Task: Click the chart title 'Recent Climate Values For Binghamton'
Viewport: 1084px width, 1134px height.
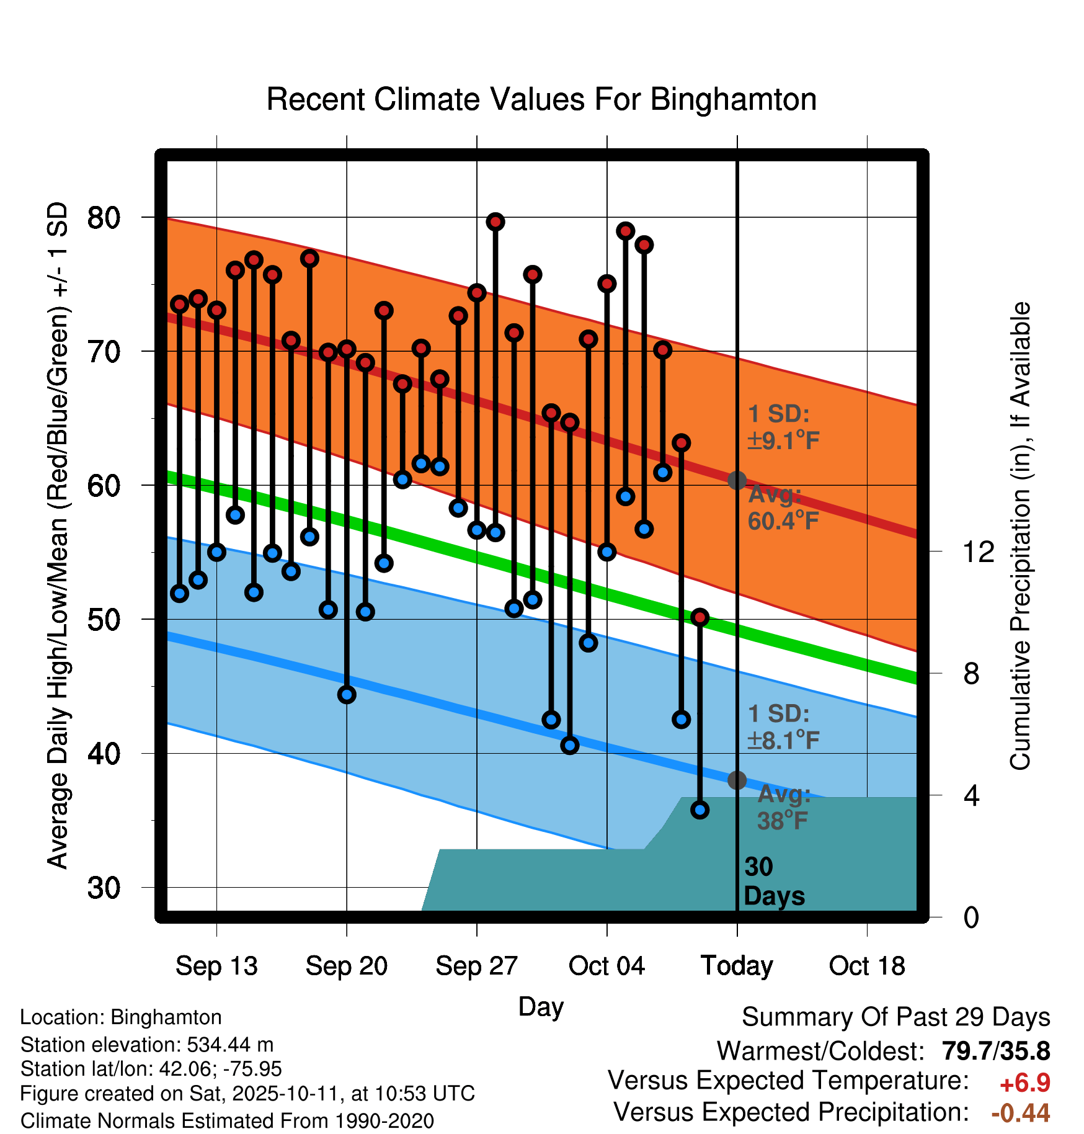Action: pos(541,99)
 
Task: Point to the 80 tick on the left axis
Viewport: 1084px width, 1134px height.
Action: pos(104,218)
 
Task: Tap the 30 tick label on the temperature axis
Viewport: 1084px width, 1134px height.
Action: pos(104,888)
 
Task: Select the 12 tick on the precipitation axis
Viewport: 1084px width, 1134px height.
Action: pos(979,551)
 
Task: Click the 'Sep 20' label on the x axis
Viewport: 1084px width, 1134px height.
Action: pos(346,966)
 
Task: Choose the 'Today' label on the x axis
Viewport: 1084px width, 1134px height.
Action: pos(737,966)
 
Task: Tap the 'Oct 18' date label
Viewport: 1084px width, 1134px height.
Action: pos(867,966)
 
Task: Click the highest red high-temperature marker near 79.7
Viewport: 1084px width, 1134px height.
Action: pos(495,221)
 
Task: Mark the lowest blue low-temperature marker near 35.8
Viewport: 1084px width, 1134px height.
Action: pos(700,810)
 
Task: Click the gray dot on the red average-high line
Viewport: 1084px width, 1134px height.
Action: pos(737,480)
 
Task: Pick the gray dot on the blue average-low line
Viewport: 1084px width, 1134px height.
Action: pos(737,780)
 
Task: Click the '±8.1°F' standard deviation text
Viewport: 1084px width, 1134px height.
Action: pos(784,740)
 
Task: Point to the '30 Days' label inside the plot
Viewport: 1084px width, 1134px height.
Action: pos(774,882)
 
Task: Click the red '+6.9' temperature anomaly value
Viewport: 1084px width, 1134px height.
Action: pos(1024,1083)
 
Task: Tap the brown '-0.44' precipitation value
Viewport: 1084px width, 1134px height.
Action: pos(1020,1113)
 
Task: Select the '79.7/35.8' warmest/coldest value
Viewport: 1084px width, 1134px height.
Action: pos(996,1051)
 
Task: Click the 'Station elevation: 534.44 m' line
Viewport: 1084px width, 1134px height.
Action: pos(147,1045)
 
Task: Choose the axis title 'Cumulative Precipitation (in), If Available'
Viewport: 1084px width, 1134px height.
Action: pos(1020,536)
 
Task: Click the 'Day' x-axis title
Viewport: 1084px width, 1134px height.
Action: pos(541,1006)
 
